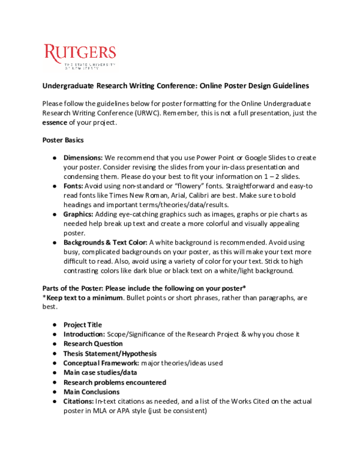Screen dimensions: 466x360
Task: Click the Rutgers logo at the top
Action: click(80, 56)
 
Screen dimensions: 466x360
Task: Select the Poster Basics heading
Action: click(63, 140)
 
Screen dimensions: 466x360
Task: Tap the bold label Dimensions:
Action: click(83, 157)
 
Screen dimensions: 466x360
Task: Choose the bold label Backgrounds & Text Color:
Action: click(105, 242)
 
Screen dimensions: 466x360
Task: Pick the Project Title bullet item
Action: click(83, 325)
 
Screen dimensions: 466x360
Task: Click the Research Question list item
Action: click(93, 343)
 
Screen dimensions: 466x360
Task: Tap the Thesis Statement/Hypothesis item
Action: click(110, 354)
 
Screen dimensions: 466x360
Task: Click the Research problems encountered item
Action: click(115, 382)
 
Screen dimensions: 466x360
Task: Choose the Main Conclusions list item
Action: click(91, 392)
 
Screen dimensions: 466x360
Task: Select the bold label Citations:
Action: click(79, 401)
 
